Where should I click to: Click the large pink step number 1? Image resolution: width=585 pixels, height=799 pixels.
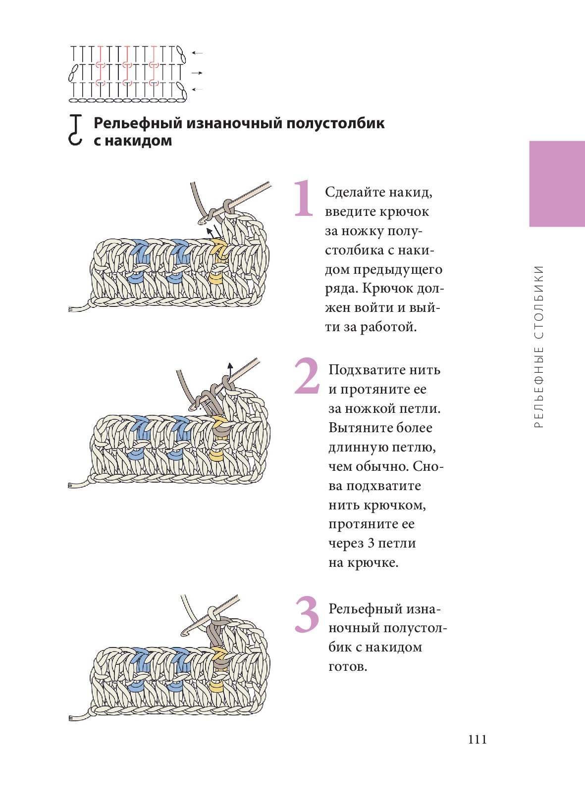pyautogui.click(x=304, y=199)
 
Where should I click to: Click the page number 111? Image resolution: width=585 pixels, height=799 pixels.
pyautogui.click(x=478, y=740)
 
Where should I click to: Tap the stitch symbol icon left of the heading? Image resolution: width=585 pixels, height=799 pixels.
pyautogui.click(x=75, y=130)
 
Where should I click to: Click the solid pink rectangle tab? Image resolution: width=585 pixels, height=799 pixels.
pyautogui.click(x=557, y=184)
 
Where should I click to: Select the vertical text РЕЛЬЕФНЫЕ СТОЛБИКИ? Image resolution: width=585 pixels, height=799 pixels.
pyautogui.click(x=539, y=347)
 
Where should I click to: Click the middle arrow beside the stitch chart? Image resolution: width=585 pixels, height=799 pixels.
pyautogui.click(x=197, y=73)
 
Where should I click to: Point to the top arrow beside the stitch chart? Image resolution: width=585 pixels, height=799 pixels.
pyautogui.click(x=197, y=53)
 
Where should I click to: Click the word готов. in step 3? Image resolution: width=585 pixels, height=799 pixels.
pyautogui.click(x=348, y=666)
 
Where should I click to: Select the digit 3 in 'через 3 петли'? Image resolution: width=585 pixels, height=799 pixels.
pyautogui.click(x=372, y=543)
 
